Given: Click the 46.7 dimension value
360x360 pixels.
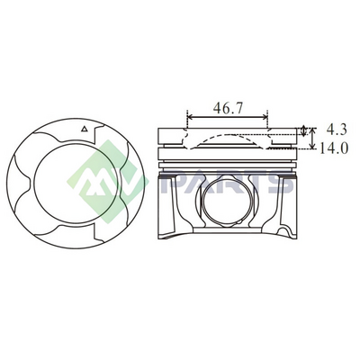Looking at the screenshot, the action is [228, 108].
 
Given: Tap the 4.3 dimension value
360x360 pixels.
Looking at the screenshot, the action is [337, 130].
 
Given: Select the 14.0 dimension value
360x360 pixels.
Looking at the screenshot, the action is [333, 148].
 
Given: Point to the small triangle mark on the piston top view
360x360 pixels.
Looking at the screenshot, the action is [85, 129].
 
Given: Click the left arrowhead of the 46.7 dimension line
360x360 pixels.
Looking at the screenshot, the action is [190, 117].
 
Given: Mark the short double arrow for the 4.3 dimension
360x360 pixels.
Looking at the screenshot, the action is [304, 130].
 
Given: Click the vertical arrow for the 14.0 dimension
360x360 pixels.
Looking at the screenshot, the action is [312, 138].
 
